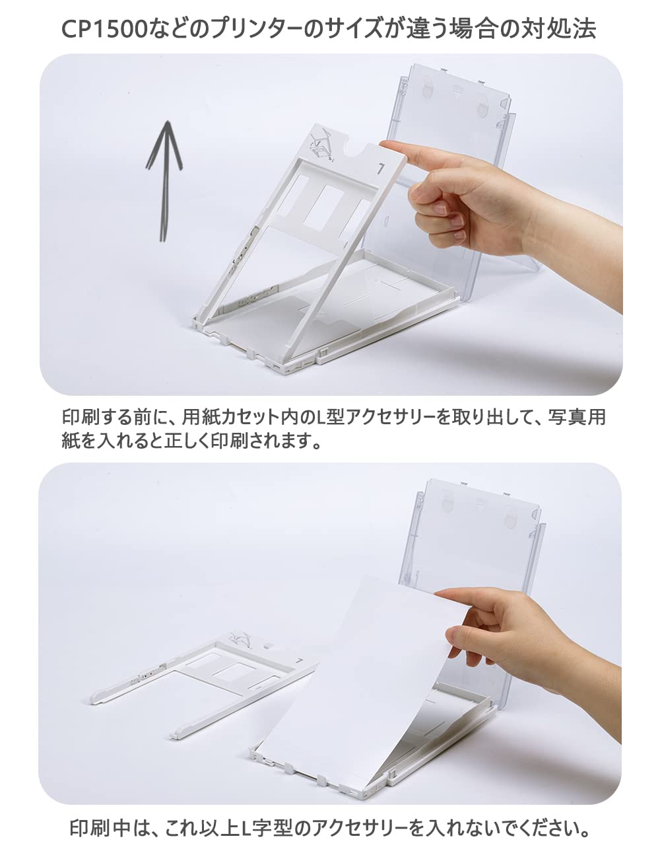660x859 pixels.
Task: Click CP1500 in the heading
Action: coord(104,30)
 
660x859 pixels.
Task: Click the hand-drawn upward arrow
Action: coord(164,180)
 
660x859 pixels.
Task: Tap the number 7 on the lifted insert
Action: coord(380,168)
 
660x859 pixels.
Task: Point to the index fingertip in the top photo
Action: coord(389,145)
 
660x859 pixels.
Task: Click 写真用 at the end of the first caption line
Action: coord(576,418)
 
